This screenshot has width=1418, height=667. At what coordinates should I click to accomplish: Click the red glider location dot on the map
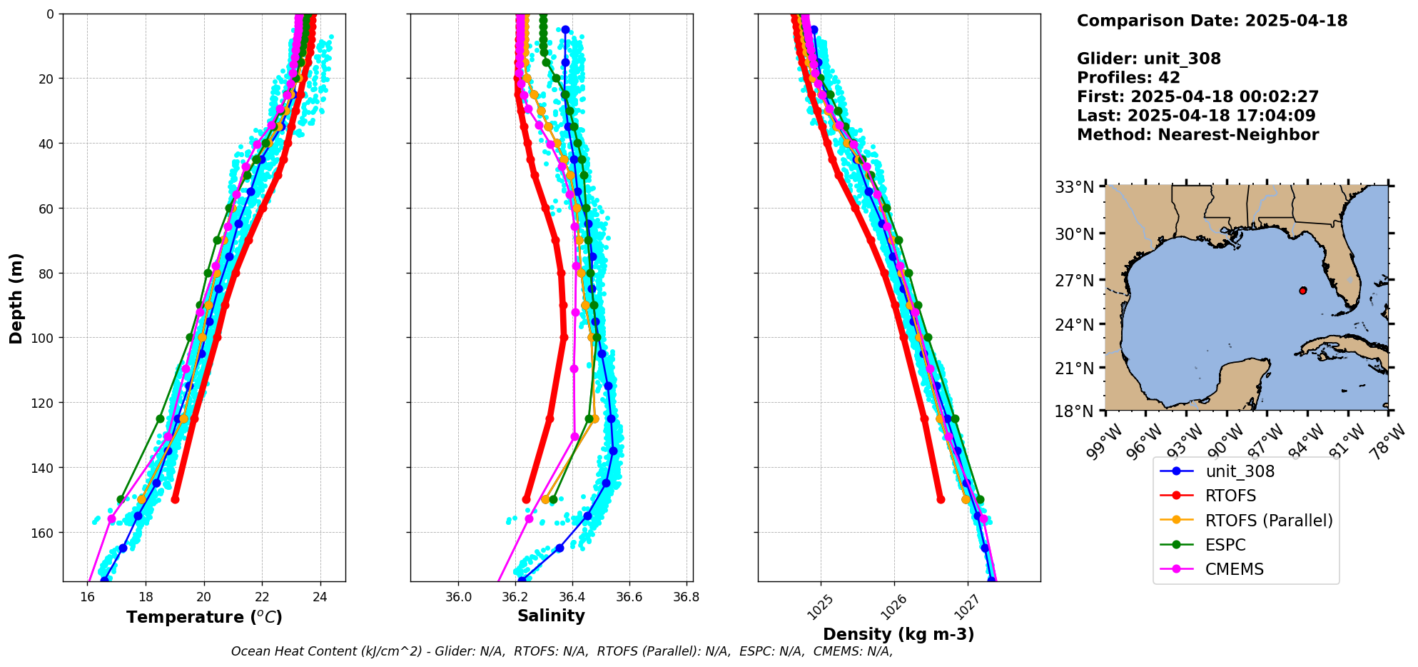tap(1303, 291)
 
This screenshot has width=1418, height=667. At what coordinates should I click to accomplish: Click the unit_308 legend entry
tap(1240, 471)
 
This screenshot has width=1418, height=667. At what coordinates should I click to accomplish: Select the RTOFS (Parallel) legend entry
tap(1268, 521)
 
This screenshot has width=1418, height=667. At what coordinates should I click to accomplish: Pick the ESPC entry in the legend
tap(1225, 545)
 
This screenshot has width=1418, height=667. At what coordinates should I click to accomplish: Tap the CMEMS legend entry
tap(1234, 569)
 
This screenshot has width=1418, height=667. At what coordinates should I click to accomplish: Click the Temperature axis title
tap(204, 617)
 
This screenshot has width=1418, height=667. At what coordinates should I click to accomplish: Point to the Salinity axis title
tap(551, 616)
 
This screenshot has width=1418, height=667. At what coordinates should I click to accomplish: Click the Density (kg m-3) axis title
tap(898, 634)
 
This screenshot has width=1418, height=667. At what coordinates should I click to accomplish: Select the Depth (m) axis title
tap(16, 298)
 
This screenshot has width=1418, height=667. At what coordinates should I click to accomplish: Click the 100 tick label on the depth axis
tap(44, 338)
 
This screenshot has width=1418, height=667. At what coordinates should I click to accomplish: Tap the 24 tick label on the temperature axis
tap(320, 597)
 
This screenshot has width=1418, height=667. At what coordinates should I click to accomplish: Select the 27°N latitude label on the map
tap(1074, 281)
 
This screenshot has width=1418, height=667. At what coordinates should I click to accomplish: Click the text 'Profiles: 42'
tap(1128, 78)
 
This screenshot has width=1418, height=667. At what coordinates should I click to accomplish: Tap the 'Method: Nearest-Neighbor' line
tap(1197, 135)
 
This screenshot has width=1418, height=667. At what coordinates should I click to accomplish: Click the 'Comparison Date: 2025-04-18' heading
tap(1212, 21)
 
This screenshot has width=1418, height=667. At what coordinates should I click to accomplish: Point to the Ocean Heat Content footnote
tap(562, 651)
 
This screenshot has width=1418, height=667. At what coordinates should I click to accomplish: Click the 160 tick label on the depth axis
tap(44, 533)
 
